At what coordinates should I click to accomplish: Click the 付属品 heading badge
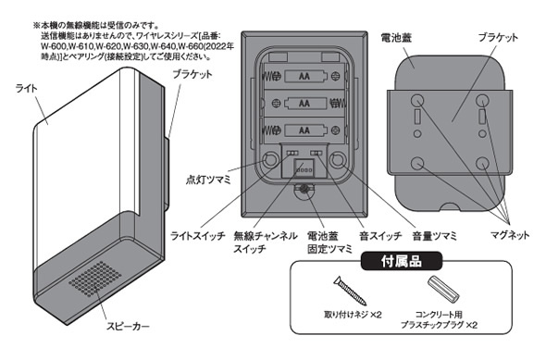[x=401, y=261]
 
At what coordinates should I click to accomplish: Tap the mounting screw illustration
[x=350, y=292]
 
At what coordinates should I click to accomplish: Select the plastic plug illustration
[x=443, y=289]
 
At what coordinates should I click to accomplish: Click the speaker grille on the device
[x=95, y=279]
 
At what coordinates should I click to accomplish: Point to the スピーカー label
[x=128, y=327]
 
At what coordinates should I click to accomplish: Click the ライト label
[x=27, y=89]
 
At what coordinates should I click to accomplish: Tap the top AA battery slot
[x=304, y=76]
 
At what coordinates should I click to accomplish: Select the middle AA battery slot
[x=304, y=103]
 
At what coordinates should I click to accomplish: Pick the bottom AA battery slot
[x=304, y=130]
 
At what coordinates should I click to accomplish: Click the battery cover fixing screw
[x=304, y=190]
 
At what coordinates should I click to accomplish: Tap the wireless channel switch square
[x=304, y=168]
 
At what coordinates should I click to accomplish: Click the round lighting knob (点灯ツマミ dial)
[x=270, y=160]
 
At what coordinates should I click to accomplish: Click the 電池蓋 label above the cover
[x=397, y=37]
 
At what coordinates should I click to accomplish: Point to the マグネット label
[x=510, y=235]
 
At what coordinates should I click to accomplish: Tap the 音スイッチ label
[x=380, y=236]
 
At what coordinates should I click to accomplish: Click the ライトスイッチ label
[x=198, y=236]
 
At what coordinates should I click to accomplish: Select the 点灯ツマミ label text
[x=208, y=180]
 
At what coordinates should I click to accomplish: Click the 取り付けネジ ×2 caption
[x=353, y=315]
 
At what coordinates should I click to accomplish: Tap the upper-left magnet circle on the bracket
[x=417, y=101]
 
